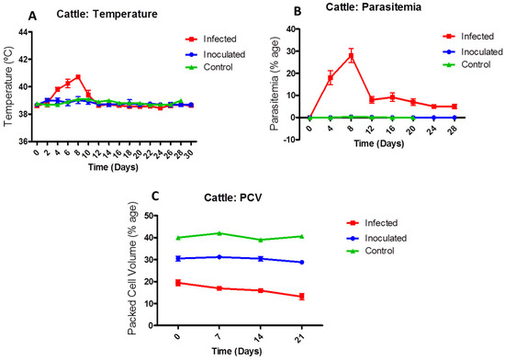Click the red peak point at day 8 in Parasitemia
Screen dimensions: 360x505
tap(351, 56)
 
